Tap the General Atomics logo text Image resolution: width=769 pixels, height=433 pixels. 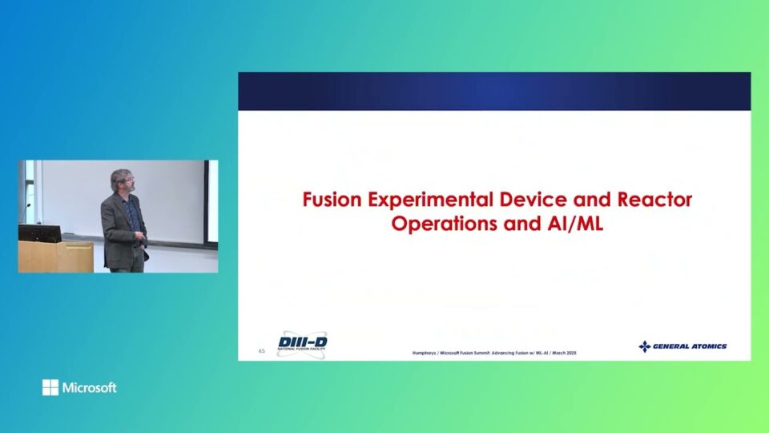(x=690, y=346)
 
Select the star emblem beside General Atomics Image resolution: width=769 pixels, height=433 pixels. (x=644, y=346)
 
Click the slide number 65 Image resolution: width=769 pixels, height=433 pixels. (x=261, y=350)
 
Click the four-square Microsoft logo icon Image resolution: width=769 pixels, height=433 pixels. (x=50, y=388)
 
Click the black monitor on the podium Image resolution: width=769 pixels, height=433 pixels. (x=39, y=233)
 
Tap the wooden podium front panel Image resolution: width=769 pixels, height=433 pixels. (x=56, y=258)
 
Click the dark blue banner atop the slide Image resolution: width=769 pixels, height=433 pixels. (x=494, y=91)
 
